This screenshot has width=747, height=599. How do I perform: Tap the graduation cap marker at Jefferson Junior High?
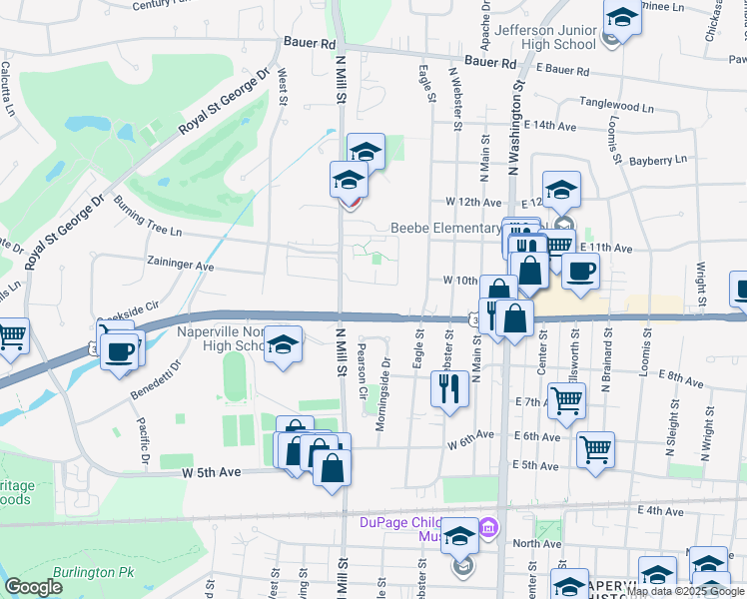621,19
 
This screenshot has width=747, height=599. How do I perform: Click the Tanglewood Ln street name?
617,105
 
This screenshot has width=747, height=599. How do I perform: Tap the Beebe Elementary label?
444,228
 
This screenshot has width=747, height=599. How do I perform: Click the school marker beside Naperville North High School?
284,344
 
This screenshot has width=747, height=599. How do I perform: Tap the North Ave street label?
537,544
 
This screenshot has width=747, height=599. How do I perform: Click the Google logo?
33,587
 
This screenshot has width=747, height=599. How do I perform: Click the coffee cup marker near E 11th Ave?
579,270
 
